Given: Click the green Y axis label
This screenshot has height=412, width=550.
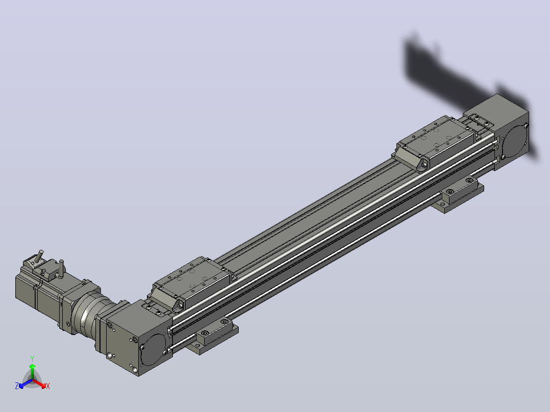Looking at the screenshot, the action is [32, 358].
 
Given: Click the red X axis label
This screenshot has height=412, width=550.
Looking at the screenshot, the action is [48, 386].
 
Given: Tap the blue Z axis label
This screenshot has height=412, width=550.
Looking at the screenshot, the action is [17, 385].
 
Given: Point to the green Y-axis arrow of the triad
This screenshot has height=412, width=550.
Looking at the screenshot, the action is [32, 371].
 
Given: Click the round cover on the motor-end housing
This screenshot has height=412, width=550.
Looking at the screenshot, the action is [153, 350].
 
